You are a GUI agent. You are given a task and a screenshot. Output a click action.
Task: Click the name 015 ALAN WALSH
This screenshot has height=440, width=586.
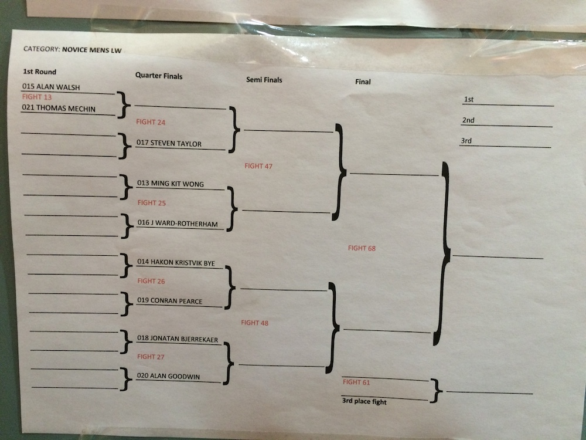(51, 87)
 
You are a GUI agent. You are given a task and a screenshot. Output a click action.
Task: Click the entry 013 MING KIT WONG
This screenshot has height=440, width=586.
(170, 184)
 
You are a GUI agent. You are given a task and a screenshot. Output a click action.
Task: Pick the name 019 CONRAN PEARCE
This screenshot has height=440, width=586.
(169, 301)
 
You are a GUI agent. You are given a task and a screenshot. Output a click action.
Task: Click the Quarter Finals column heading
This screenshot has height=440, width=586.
(159, 76)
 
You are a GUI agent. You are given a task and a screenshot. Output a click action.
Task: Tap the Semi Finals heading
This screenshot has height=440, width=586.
(264, 80)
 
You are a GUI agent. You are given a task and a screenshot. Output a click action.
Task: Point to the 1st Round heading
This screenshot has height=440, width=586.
(39, 72)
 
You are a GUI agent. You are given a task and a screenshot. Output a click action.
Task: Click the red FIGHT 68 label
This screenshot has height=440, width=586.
(362, 248)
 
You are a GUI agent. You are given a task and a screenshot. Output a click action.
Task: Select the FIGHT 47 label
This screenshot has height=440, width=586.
(258, 166)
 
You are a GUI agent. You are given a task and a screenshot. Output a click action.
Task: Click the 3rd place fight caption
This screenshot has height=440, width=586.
(364, 402)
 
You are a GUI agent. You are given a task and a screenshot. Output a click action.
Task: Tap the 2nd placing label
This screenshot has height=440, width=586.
(468, 120)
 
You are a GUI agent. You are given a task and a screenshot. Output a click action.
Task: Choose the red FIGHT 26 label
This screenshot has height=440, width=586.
(151, 281)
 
